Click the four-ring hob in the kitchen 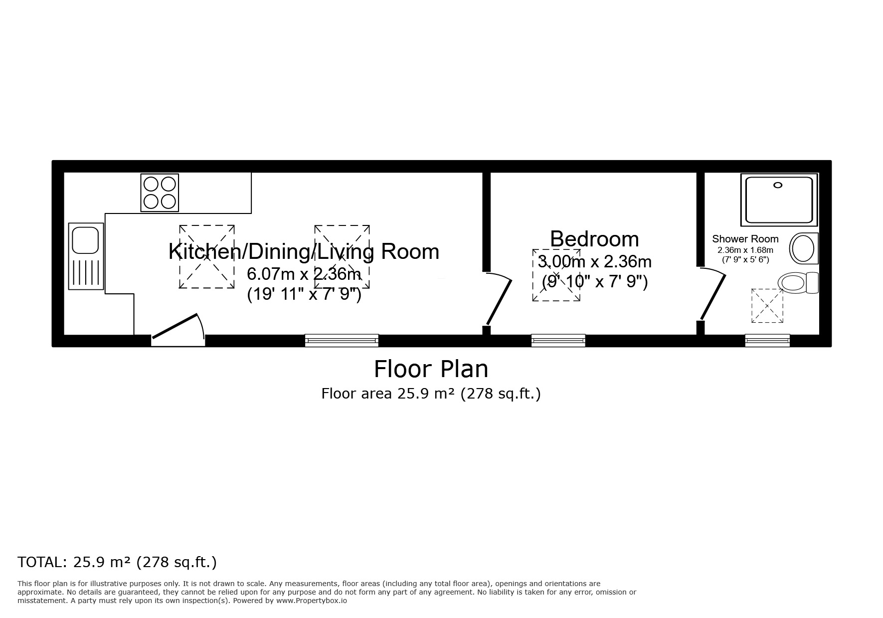coord(160,193)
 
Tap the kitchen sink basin coord(85,240)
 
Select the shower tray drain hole coord(777,185)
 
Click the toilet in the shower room coord(797,283)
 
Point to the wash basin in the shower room coord(803,248)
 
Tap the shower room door coord(713,294)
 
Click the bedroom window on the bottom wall coord(558,341)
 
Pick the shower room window coord(767,341)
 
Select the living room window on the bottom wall coord(342,341)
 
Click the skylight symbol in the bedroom coord(555,275)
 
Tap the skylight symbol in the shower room coord(767,305)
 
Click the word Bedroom coord(594,239)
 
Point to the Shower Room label coord(745,239)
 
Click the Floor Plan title coord(431,369)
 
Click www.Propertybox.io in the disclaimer coord(312,601)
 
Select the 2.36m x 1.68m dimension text coord(745,250)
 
